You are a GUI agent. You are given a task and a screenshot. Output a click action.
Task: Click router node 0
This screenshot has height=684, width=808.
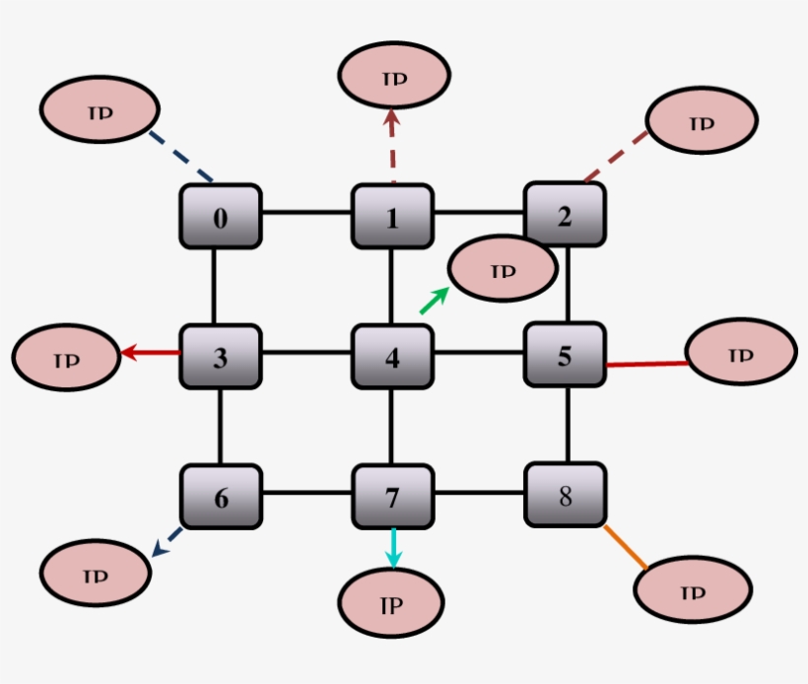pyautogui.click(x=220, y=216)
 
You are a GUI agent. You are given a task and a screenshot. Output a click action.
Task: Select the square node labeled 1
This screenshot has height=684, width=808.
pyautogui.click(x=392, y=216)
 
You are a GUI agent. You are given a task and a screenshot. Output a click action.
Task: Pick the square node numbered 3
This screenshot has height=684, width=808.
pyautogui.click(x=220, y=356)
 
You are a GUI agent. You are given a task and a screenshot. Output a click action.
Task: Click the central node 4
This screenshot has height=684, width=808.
pyautogui.click(x=392, y=356)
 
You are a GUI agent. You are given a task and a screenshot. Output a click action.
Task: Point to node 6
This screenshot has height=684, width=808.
pyautogui.click(x=220, y=496)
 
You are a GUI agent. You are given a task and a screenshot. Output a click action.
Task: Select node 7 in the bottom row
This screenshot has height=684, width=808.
pyautogui.click(x=392, y=496)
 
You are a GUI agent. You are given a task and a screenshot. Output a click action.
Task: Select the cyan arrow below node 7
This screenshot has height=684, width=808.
pyautogui.click(x=393, y=548)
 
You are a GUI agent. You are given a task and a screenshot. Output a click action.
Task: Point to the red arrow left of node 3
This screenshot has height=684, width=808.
pyautogui.click(x=150, y=353)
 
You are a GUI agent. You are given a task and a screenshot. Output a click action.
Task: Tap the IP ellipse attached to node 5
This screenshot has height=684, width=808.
pyautogui.click(x=740, y=353)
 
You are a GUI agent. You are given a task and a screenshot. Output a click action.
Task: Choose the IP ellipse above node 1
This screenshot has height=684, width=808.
pyautogui.click(x=394, y=76)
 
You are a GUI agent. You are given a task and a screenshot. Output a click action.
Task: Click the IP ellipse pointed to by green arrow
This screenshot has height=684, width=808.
pyautogui.click(x=503, y=268)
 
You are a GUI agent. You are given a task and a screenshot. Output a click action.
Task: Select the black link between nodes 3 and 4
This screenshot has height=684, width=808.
pyautogui.click(x=306, y=354)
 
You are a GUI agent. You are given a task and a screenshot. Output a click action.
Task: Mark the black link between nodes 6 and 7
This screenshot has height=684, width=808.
pyautogui.click(x=306, y=493)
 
